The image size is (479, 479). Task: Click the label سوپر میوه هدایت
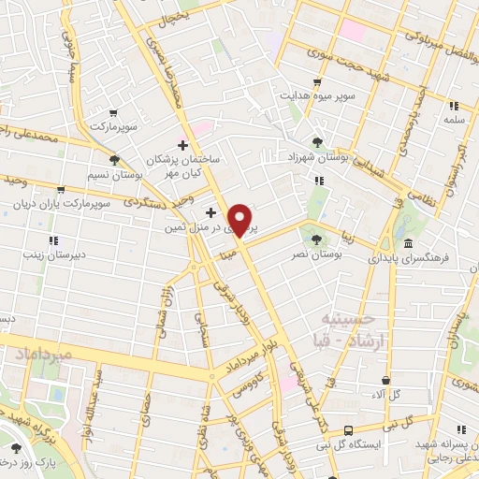point(317,96)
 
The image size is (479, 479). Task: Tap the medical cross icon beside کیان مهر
point(182,144)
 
